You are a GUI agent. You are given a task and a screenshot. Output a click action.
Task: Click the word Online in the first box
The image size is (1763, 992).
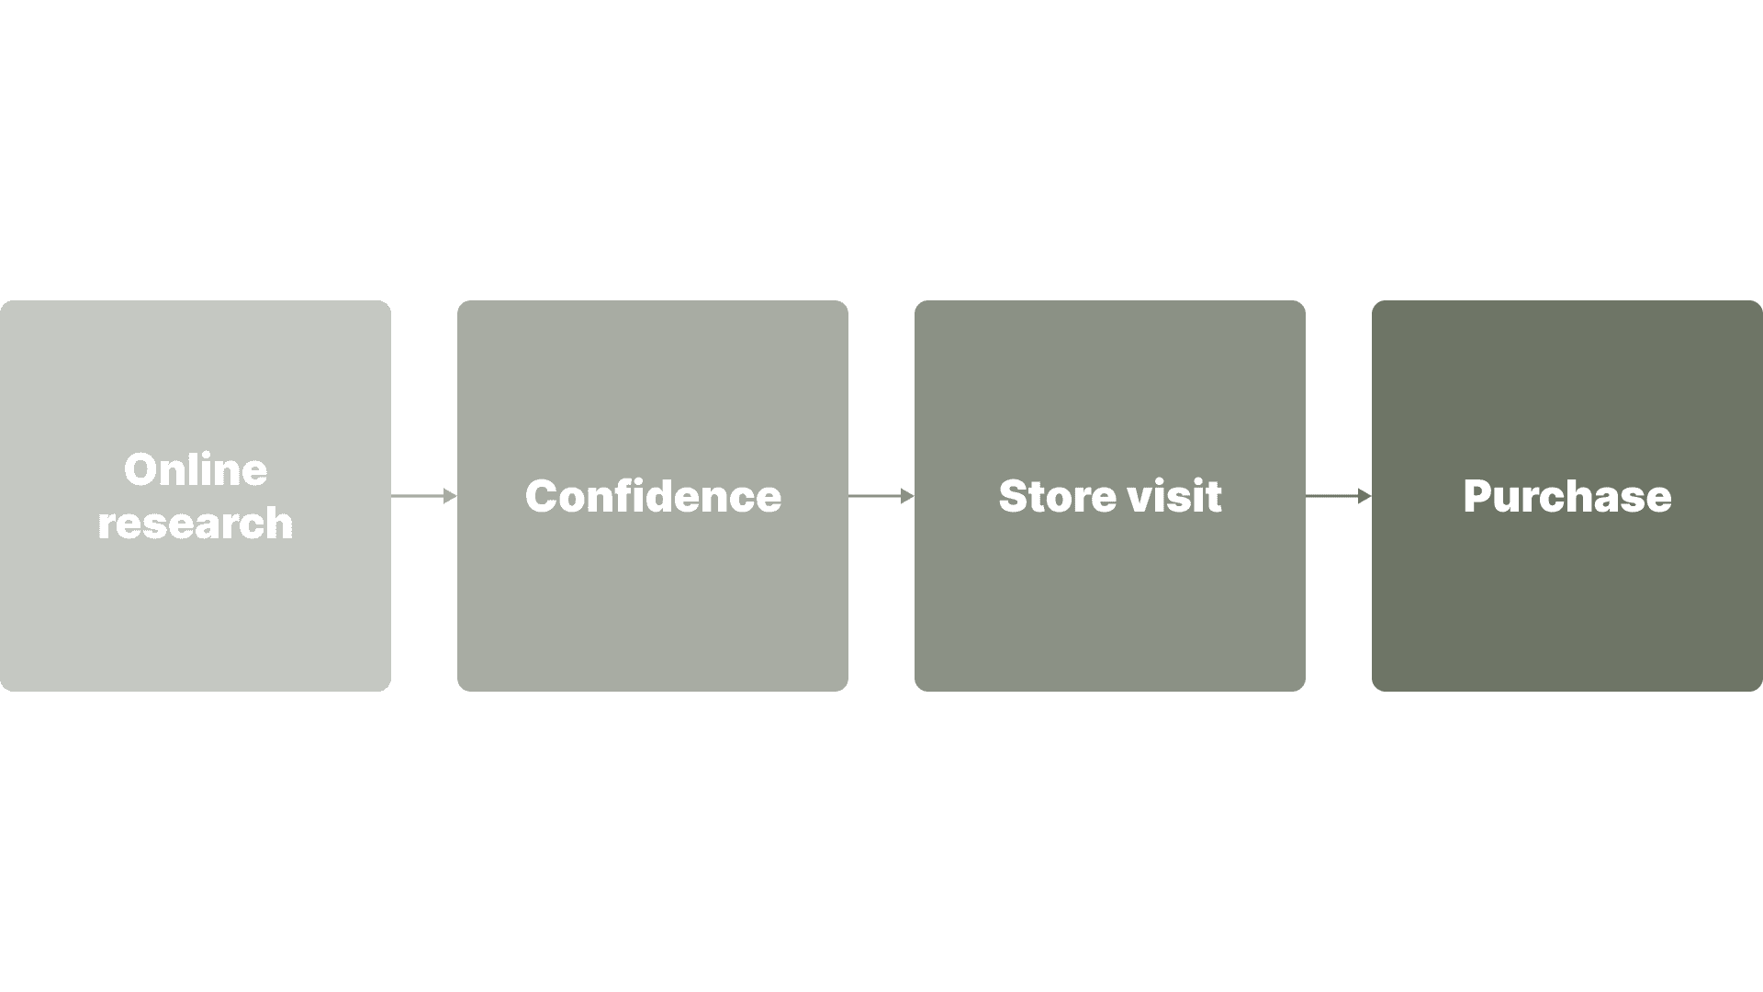pyautogui.click(x=196, y=469)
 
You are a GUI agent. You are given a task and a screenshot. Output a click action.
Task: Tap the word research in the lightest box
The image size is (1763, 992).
pyautogui.click(x=196, y=523)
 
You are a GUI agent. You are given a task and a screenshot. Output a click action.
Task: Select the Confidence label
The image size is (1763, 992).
pyautogui.click(x=653, y=496)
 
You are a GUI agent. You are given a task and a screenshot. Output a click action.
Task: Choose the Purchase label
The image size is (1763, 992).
pyautogui.click(x=1566, y=496)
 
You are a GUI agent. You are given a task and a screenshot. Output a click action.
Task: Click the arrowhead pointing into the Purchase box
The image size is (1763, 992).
pyautogui.click(x=1364, y=496)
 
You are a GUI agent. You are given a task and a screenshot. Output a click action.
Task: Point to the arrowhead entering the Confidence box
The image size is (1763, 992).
pyautogui.click(x=450, y=496)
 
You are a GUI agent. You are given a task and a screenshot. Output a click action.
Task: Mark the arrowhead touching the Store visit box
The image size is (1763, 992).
pyautogui.click(x=907, y=496)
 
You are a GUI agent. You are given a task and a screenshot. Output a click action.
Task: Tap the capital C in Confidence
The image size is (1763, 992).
pyautogui.click(x=542, y=497)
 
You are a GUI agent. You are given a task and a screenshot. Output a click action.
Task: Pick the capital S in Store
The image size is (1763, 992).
pyautogui.click(x=1014, y=497)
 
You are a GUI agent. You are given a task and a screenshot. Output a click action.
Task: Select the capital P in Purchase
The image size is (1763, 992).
pyautogui.click(x=1478, y=497)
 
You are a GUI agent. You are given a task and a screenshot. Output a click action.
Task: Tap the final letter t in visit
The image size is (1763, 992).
pyautogui.click(x=1214, y=497)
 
